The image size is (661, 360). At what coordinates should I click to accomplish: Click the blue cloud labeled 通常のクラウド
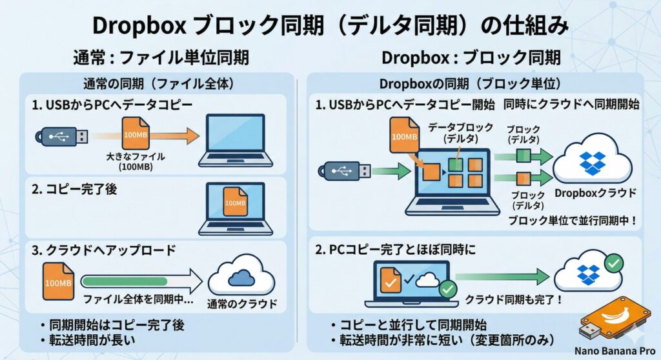(241, 277)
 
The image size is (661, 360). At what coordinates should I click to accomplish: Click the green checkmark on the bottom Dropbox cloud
(615, 262)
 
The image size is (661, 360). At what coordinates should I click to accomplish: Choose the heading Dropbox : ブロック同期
(474, 57)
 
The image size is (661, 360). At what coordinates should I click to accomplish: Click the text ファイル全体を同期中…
(139, 299)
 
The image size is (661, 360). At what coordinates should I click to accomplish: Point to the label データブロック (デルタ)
(461, 132)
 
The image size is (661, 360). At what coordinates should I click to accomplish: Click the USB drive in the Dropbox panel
(344, 170)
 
